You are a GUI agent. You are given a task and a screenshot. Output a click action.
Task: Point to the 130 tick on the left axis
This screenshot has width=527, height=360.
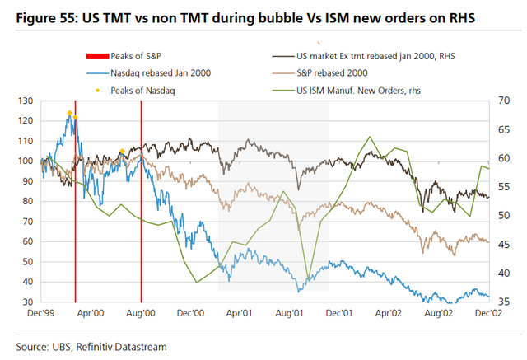pyautogui.click(x=26, y=101)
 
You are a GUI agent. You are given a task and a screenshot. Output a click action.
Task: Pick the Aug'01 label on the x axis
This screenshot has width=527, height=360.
pyautogui.click(x=291, y=313)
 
